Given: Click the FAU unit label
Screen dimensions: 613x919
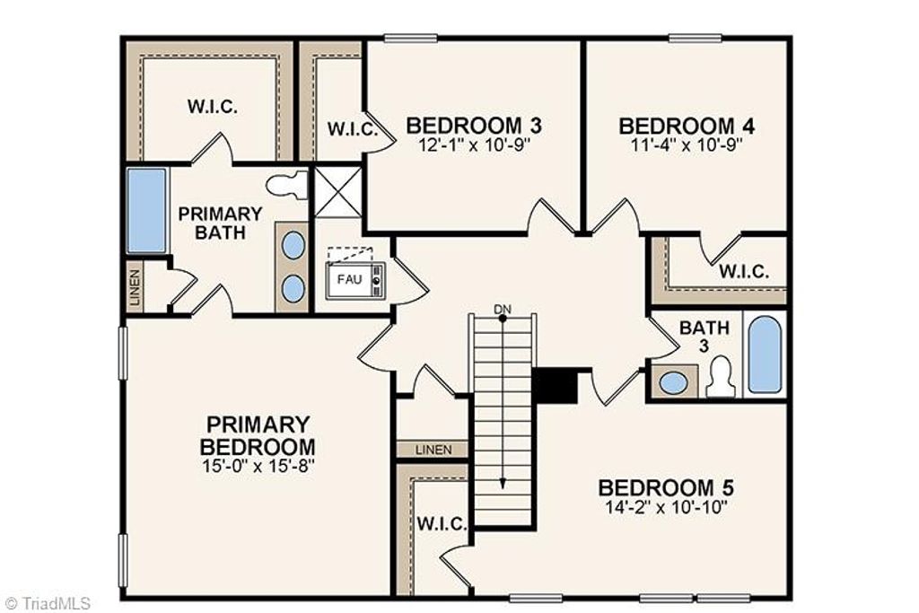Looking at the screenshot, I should (349, 279).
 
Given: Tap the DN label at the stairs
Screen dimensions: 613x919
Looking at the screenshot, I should (503, 310).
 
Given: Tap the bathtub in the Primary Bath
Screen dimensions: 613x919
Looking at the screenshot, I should (146, 210).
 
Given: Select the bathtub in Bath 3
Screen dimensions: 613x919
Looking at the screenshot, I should (765, 355).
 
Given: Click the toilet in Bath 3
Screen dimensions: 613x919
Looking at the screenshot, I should (721, 377).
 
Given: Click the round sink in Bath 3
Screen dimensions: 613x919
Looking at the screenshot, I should (673, 382).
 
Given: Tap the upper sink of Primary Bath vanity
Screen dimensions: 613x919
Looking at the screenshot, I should (293, 244).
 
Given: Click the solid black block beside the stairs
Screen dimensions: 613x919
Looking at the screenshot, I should (556, 386).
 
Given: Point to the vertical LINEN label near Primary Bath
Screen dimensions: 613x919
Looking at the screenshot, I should (135, 286).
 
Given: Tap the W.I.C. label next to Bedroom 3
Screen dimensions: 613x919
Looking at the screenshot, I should (346, 128).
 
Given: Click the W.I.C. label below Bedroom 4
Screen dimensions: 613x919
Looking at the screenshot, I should (744, 270).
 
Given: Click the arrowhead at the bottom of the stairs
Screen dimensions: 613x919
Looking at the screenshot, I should (503, 482).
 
